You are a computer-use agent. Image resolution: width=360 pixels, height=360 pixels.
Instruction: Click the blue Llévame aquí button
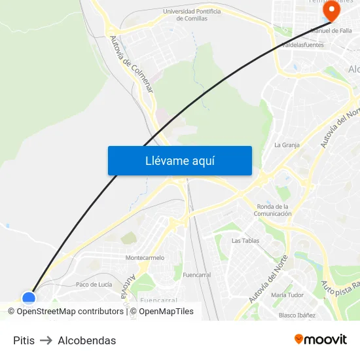180,161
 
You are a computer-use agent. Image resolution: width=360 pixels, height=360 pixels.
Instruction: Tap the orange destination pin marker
331,11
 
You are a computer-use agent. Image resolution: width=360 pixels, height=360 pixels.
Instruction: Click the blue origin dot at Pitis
29,298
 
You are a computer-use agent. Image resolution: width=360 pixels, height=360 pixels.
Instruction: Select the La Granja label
287,145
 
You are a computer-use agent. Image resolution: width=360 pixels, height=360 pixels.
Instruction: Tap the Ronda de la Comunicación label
273,210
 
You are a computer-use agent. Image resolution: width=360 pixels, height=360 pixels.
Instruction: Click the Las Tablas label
245,241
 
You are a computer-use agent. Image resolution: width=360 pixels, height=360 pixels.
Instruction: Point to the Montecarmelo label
145,258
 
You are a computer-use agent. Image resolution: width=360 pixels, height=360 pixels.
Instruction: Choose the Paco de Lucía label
94,285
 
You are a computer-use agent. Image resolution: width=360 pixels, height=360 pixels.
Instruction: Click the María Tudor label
287,295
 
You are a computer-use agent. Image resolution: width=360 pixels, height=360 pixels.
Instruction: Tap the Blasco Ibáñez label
297,315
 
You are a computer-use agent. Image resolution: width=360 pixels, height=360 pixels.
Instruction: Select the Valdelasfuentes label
302,45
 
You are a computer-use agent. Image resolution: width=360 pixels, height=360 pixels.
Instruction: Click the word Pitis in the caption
24,340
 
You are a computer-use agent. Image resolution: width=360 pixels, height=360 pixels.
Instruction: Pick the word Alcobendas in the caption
87,340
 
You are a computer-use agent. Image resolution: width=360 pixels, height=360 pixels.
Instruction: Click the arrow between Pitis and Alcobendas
46,340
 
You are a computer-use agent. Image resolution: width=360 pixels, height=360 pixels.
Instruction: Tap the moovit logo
321,339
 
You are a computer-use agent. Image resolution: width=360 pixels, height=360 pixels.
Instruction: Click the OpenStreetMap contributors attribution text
69,312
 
